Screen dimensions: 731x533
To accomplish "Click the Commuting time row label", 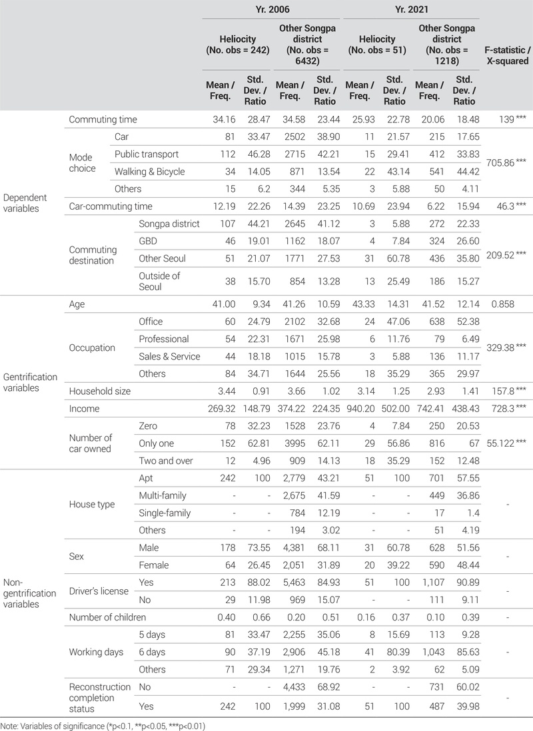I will click(103, 120).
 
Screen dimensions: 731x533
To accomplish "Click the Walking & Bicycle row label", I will click(150, 171).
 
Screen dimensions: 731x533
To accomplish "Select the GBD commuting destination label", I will click(148, 240).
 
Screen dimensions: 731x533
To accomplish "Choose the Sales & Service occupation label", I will click(169, 356).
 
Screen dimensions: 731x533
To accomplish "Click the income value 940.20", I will click(360, 408).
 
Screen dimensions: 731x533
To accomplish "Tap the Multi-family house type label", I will click(162, 495).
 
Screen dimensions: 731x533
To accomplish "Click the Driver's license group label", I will click(93, 573).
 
